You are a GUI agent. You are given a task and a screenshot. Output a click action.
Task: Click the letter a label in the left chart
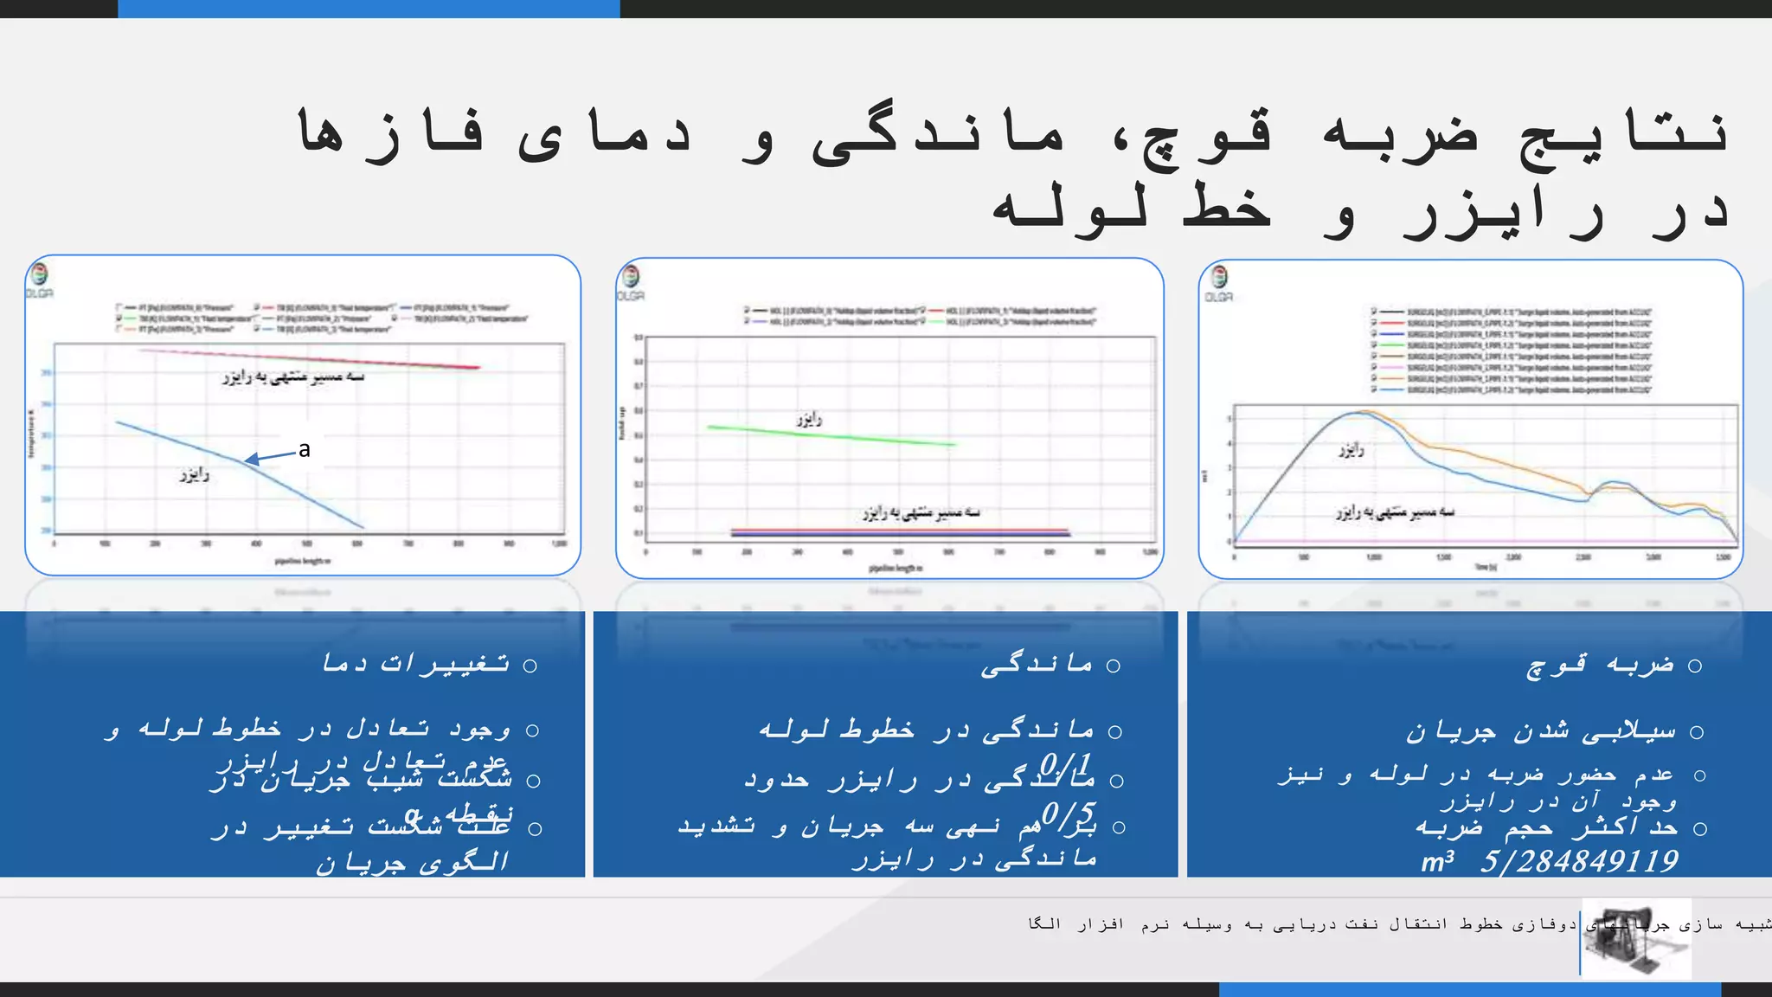pos(304,449)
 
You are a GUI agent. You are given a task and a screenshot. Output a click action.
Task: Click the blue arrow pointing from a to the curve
pos(269,457)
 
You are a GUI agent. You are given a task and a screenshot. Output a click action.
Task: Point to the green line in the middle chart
pos(831,435)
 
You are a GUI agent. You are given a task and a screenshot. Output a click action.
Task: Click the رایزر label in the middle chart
pos(809,420)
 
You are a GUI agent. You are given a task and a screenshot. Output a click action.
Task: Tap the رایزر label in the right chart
pos(1351,450)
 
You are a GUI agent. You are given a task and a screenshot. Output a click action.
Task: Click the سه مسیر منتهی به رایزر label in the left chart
pos(293,377)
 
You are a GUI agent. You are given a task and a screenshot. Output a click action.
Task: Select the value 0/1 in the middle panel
pos(1065,763)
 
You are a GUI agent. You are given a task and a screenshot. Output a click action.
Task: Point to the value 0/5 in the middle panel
pos(1069,814)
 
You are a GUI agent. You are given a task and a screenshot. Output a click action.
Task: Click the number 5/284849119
pos(1579,861)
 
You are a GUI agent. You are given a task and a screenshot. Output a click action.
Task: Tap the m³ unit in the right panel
pos(1437,861)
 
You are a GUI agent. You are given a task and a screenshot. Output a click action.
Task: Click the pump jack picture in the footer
pos(1635,938)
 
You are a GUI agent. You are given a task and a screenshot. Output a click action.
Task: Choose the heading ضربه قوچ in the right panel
pos(1601,665)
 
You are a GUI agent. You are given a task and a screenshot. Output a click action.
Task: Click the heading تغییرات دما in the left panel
pos(416,664)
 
